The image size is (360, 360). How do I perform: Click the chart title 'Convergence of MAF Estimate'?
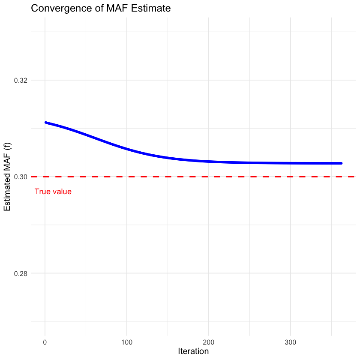[x=101, y=9]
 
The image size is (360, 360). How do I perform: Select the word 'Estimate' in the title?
[x=153, y=9]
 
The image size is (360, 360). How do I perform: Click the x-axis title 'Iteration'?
[x=193, y=351]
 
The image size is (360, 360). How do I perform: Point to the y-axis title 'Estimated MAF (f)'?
[x=7, y=177]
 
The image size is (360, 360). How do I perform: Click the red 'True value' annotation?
[x=53, y=192]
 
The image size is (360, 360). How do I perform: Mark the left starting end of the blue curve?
[x=46, y=123]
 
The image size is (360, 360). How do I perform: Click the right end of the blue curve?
[x=341, y=163]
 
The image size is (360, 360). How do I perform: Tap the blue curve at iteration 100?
[x=127, y=149]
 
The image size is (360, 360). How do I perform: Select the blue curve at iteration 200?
[x=209, y=162]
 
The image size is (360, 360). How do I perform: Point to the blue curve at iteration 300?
[x=291, y=163]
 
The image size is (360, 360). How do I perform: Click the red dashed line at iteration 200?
[x=209, y=177]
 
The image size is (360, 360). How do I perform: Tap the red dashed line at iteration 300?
[x=291, y=177]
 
